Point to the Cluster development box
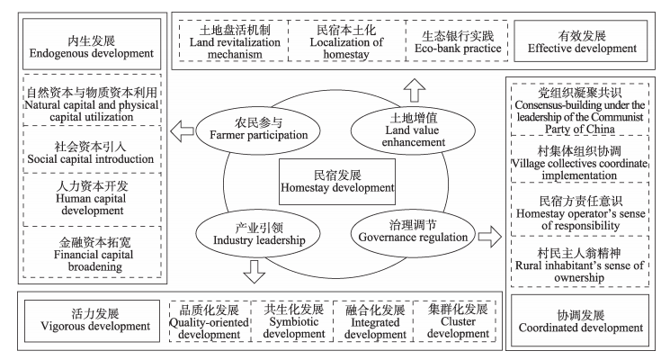tap(457, 320)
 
